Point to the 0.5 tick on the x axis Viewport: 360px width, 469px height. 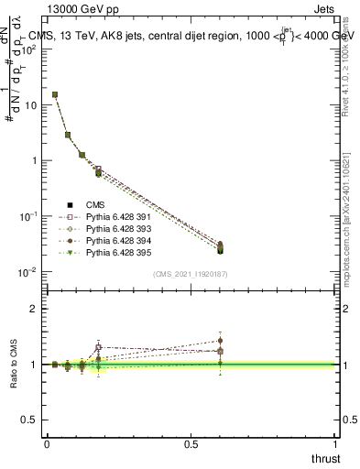pos(191,443)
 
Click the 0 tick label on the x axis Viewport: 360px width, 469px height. pos(47,443)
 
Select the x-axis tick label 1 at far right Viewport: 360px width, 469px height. pos(336,443)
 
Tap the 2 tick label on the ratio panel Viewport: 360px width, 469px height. pos(35,309)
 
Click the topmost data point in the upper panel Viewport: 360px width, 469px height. pos(55,94)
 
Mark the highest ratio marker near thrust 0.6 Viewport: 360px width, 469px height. pos(220,341)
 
